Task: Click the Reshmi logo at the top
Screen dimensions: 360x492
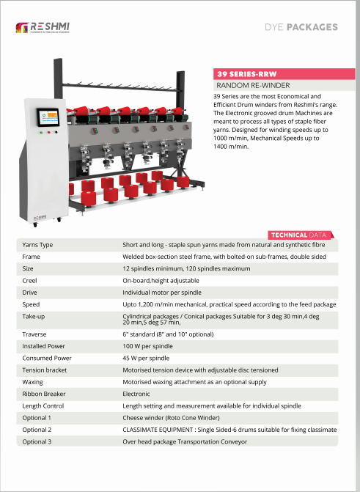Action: (x=43, y=27)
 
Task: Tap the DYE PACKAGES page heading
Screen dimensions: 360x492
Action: (x=301, y=27)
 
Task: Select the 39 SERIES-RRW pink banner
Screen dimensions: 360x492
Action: (x=284, y=74)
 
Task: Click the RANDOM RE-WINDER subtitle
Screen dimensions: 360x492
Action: (x=253, y=85)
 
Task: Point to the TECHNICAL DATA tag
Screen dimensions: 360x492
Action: (x=301, y=235)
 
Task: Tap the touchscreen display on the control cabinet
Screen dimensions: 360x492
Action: (x=48, y=117)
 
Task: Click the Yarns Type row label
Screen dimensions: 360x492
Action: (x=37, y=245)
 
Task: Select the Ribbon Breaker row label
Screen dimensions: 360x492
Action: (x=44, y=394)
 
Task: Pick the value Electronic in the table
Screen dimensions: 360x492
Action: (x=136, y=394)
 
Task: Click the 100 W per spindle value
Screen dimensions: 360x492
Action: (x=147, y=346)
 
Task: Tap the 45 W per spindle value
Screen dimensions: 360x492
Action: (x=146, y=358)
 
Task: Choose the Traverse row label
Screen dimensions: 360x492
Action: (x=34, y=334)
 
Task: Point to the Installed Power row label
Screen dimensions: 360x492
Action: (x=44, y=346)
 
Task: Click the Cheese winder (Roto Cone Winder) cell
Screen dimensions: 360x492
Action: (x=171, y=418)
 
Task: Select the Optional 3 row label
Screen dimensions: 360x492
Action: (x=37, y=441)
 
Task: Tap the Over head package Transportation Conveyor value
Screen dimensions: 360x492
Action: (x=185, y=441)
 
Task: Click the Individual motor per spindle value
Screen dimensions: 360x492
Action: (x=162, y=293)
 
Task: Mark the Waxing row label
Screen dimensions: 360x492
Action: (x=33, y=382)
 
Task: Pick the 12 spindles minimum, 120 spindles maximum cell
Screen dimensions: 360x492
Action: (x=186, y=268)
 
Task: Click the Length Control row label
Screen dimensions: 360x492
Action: (x=43, y=405)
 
